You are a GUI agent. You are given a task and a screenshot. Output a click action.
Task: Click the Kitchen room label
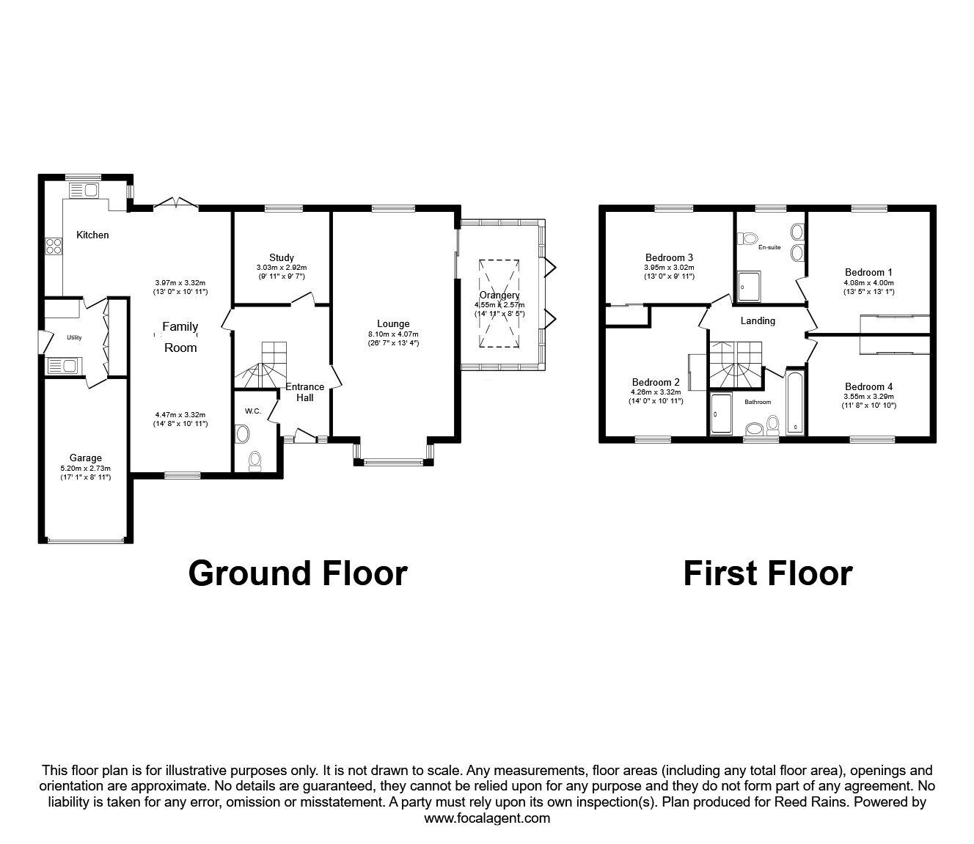pyautogui.click(x=93, y=235)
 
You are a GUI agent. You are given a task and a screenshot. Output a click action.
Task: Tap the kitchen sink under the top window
pyautogui.click(x=83, y=191)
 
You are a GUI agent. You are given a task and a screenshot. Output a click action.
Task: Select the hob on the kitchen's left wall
pyautogui.click(x=54, y=245)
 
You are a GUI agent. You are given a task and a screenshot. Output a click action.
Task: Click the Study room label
pyautogui.click(x=282, y=257)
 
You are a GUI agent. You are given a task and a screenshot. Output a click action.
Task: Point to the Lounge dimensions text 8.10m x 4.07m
pyautogui.click(x=393, y=334)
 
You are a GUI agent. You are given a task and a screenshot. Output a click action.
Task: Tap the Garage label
pyautogui.click(x=86, y=458)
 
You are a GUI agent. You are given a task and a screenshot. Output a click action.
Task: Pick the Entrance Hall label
pyautogui.click(x=304, y=392)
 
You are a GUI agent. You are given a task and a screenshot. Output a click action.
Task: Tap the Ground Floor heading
pyautogui.click(x=298, y=573)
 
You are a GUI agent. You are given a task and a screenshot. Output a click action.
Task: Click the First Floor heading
pyautogui.click(x=767, y=573)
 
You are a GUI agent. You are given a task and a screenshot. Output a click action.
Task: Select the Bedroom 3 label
pyautogui.click(x=669, y=257)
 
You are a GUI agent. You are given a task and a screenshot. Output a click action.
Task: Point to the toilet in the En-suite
pyautogui.click(x=749, y=238)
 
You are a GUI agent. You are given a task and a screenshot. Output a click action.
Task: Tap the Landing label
pyautogui.click(x=758, y=320)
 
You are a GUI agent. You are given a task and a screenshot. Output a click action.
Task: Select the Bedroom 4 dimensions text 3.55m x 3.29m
pyautogui.click(x=868, y=397)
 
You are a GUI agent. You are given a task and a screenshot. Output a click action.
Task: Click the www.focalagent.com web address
pyautogui.click(x=487, y=818)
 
